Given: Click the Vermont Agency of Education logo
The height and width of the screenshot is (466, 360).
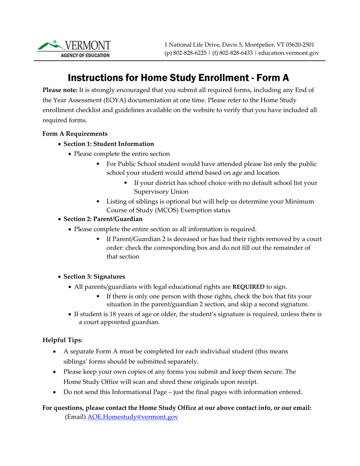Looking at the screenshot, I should (x=74, y=49).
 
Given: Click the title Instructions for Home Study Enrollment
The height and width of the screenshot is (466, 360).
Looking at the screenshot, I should (x=178, y=78).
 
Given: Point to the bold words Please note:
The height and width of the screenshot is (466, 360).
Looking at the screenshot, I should (x=60, y=90).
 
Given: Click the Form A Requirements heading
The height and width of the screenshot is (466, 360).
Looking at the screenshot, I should (x=75, y=134).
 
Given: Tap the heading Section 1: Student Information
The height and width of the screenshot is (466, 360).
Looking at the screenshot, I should (x=108, y=144).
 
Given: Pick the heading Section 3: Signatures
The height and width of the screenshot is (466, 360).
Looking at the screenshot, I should (x=94, y=277).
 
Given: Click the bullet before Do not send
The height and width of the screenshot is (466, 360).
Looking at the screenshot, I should (x=56, y=393).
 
